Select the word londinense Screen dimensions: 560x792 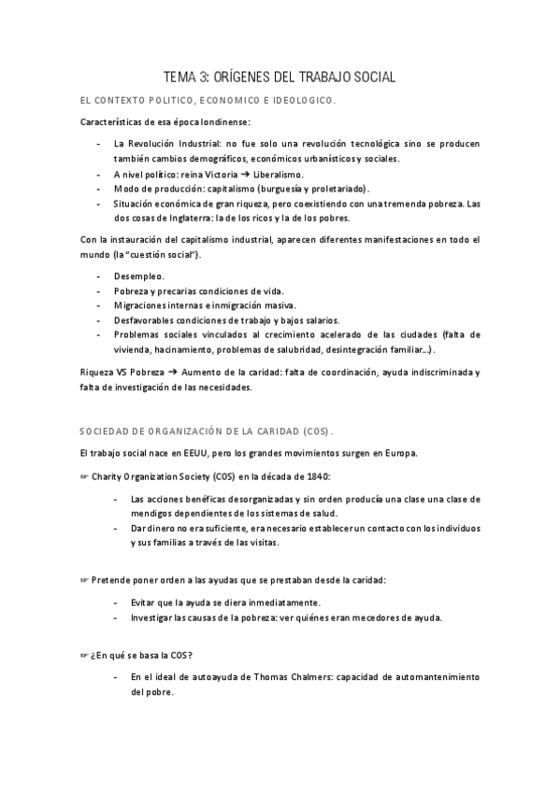[x=222, y=123]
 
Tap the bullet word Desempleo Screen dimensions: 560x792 [x=138, y=277]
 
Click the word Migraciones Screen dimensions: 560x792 [x=142, y=305]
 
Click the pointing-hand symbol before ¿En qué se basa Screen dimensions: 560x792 [x=83, y=655]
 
